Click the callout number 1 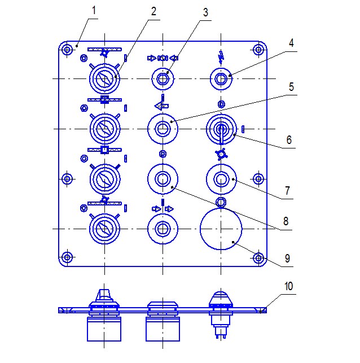click(x=94, y=10)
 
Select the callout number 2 click(x=154, y=11)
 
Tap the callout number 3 click(x=205, y=12)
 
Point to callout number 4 click(x=291, y=43)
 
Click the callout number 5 click(x=291, y=87)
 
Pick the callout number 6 click(x=289, y=140)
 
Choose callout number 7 click(x=287, y=191)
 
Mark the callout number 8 click(x=286, y=221)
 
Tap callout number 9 click(x=287, y=259)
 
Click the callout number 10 click(x=289, y=286)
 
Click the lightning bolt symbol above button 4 click(x=221, y=57)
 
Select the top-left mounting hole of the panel click(x=67, y=50)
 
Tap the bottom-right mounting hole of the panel click(x=258, y=257)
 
